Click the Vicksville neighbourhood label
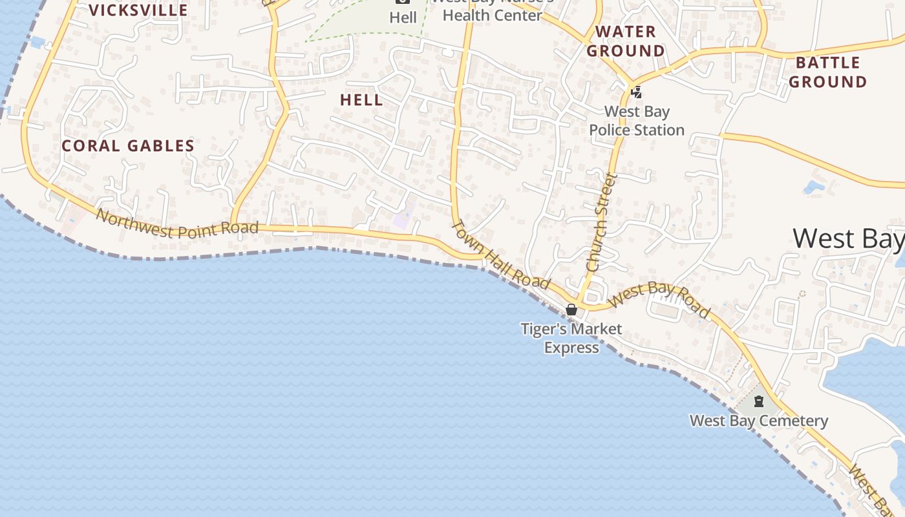coord(138,10)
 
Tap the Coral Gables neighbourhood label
coord(128,146)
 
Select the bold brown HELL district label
coord(361,100)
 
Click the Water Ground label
coord(626,41)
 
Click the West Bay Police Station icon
coord(637,92)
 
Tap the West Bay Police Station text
coord(637,121)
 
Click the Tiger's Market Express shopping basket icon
coord(571,310)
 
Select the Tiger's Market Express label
coord(571,338)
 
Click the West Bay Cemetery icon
coord(759,401)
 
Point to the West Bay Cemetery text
coord(759,421)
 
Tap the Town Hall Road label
coord(501,255)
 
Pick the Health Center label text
coord(492,14)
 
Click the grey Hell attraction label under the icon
coord(403,17)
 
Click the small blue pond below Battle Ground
coord(813,187)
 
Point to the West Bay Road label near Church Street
coord(659,299)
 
